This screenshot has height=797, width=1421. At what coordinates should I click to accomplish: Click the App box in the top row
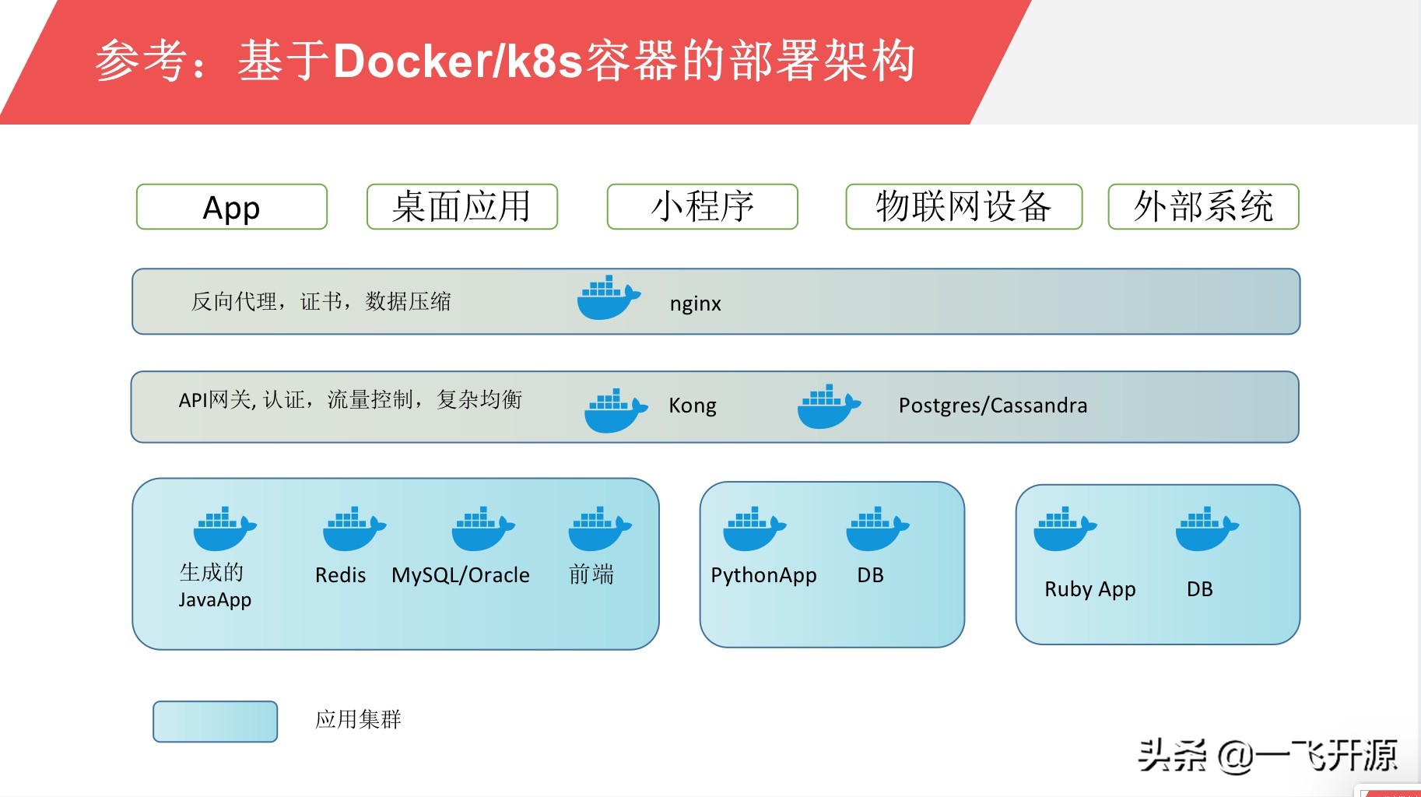(x=232, y=206)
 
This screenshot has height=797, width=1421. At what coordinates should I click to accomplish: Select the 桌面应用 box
(x=462, y=206)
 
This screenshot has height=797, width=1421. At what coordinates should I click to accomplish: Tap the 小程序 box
(x=703, y=206)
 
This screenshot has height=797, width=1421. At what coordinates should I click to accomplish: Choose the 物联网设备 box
(x=964, y=206)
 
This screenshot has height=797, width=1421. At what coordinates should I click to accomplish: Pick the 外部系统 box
(x=1204, y=206)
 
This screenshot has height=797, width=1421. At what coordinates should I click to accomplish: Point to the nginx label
(x=696, y=304)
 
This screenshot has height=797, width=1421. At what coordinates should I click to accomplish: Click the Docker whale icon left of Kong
(x=616, y=410)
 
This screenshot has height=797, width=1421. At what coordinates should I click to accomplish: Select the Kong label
(x=693, y=406)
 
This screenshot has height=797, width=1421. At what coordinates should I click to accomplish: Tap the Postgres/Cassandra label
(x=993, y=406)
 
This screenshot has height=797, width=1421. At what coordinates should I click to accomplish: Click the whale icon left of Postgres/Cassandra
(x=830, y=406)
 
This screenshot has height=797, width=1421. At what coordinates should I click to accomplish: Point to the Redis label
(x=340, y=575)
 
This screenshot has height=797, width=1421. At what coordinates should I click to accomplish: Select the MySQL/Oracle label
(x=461, y=575)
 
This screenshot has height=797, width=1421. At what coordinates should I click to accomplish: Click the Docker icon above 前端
(x=600, y=528)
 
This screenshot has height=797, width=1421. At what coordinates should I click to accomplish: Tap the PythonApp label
(x=763, y=576)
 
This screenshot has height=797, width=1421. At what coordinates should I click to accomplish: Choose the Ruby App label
(x=1090, y=590)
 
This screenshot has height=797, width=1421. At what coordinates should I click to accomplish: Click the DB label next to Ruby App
(x=1200, y=589)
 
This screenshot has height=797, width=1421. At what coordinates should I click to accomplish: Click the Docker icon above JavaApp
(x=225, y=528)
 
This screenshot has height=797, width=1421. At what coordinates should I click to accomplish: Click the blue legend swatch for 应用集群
(x=216, y=722)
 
